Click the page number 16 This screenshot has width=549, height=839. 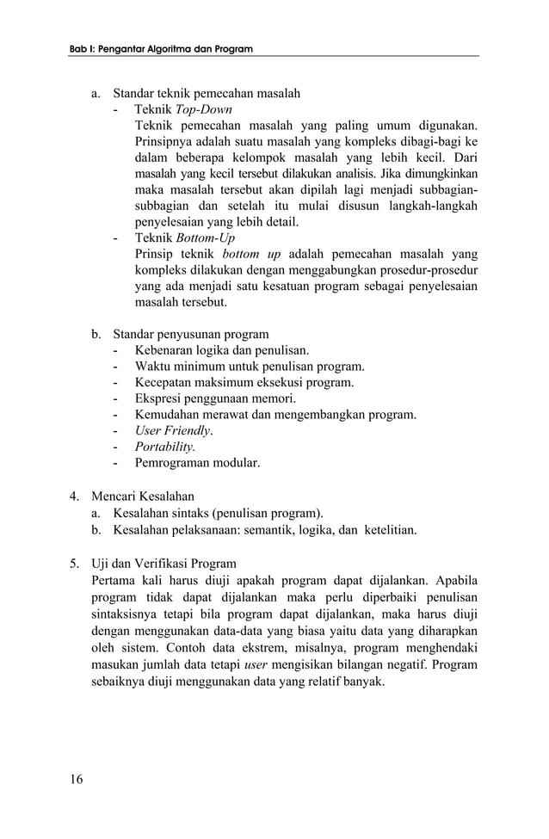(77, 779)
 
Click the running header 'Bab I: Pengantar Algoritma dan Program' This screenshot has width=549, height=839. (161, 50)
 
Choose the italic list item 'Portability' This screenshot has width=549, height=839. (164, 447)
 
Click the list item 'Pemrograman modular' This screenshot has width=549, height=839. (197, 463)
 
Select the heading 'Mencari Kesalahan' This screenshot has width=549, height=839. (143, 496)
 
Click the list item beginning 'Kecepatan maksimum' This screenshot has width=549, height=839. (244, 382)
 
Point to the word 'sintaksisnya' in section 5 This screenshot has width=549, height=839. (128, 614)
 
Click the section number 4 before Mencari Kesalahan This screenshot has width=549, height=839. (75, 496)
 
